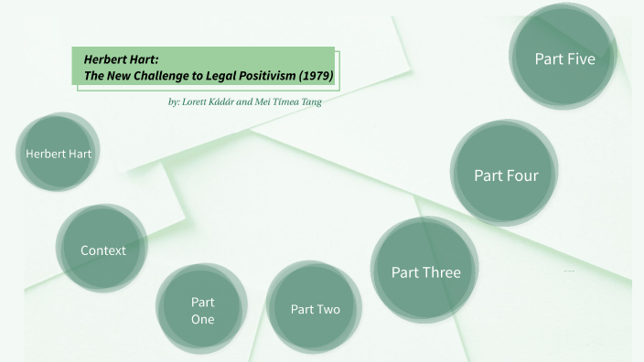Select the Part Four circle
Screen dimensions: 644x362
(x=506, y=174)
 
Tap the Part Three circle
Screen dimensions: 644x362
(x=425, y=271)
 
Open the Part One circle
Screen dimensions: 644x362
(x=202, y=309)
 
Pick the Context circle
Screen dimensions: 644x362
(x=102, y=249)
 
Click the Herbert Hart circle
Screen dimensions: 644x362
(x=59, y=153)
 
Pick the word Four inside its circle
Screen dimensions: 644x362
(x=522, y=175)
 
